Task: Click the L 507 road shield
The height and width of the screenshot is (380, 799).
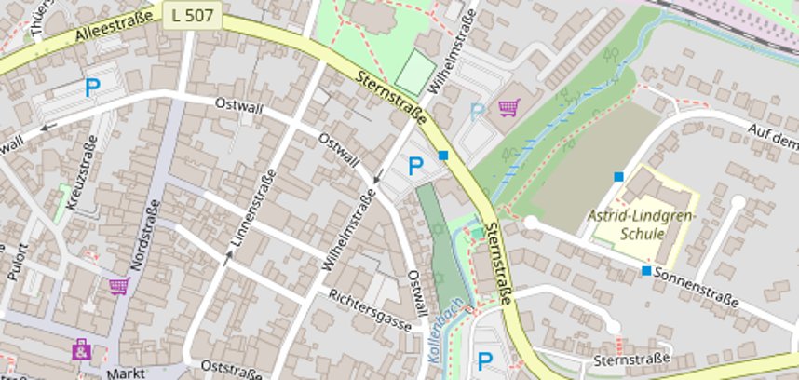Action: (x=192, y=14)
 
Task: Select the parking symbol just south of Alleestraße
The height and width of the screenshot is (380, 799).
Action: (x=92, y=88)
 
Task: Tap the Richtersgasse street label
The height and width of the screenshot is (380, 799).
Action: (x=370, y=309)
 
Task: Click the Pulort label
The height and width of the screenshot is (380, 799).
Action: (x=20, y=264)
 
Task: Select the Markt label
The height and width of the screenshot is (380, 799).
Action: (x=127, y=372)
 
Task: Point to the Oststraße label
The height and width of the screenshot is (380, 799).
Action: (x=231, y=372)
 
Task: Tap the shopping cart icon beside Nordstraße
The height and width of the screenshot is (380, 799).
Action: (x=118, y=286)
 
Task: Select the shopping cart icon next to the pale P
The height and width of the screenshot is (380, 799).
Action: (x=508, y=109)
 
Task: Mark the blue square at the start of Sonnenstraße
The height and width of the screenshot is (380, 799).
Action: (x=646, y=271)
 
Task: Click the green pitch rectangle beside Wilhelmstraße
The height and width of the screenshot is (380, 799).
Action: (x=415, y=72)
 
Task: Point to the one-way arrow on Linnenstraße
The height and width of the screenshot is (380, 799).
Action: (x=226, y=258)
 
